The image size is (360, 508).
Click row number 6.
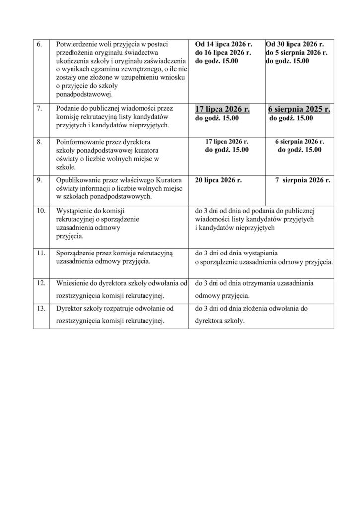pyautogui.click(x=40, y=44)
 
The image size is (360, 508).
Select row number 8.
pyautogui.click(x=40, y=142)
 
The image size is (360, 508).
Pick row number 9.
pyautogui.click(x=40, y=179)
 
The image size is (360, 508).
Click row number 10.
pyautogui.click(x=41, y=211)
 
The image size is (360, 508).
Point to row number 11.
pyautogui.click(x=41, y=253)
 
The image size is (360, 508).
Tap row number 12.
pyautogui.click(x=41, y=283)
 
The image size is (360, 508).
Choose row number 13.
pyautogui.click(x=41, y=309)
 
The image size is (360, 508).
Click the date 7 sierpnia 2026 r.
pyautogui.click(x=302, y=179)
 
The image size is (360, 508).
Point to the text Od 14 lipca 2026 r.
pyautogui.click(x=223, y=44)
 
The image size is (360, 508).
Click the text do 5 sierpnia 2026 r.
pyautogui.click(x=296, y=52)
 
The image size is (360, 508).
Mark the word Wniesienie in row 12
pyautogui.click(x=72, y=283)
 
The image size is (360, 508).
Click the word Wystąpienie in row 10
pyautogui.click(x=74, y=211)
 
